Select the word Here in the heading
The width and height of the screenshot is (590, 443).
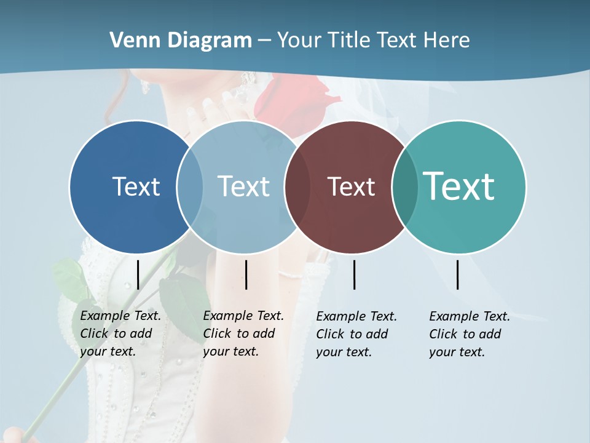pyautogui.click(x=447, y=41)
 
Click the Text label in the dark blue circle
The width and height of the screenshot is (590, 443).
pyautogui.click(x=136, y=186)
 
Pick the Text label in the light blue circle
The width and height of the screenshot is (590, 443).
pyautogui.click(x=244, y=186)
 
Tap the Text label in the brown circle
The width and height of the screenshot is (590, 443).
pyautogui.click(x=352, y=186)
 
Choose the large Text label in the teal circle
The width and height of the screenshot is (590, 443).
pyautogui.click(x=459, y=186)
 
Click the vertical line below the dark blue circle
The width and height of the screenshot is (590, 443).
pyautogui.click(x=138, y=274)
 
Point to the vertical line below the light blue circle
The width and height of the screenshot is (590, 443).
pyautogui.click(x=246, y=274)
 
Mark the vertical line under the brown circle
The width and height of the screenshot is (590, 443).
pyautogui.click(x=355, y=274)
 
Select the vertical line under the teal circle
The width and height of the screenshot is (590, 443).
pyautogui.click(x=458, y=274)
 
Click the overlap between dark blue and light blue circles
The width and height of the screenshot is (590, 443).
pyautogui.click(x=190, y=186)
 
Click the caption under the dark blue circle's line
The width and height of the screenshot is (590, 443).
pyautogui.click(x=120, y=333)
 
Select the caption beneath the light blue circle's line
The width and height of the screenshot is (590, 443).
pyautogui.click(x=243, y=333)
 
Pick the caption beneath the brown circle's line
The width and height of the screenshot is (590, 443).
pyautogui.click(x=356, y=334)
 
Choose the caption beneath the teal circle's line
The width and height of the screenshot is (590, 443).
pyautogui.click(x=470, y=334)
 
